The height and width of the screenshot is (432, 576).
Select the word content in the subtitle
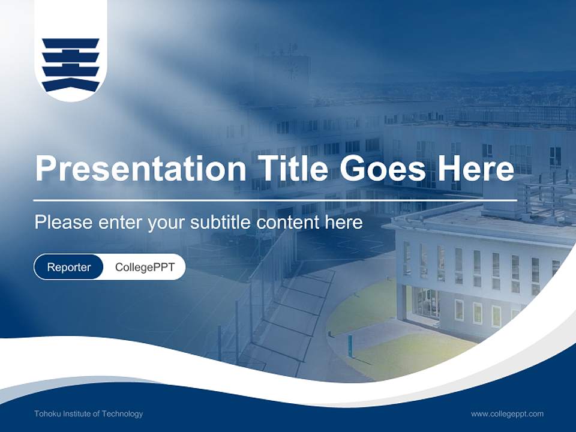(x=287, y=223)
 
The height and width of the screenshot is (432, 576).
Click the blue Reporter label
(x=68, y=267)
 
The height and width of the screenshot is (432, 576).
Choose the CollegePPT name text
(x=145, y=267)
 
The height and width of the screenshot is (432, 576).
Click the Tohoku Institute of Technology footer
(x=88, y=414)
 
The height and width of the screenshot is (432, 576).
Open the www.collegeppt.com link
(x=507, y=414)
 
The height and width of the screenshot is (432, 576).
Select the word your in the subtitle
(x=167, y=223)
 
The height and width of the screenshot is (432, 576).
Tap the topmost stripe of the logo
(x=70, y=43)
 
